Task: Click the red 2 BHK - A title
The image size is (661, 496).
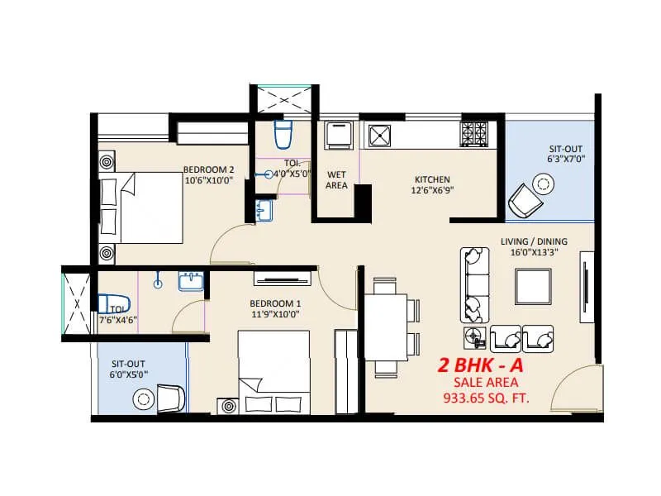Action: [x=483, y=365]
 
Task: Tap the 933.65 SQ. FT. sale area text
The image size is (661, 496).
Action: [x=486, y=398]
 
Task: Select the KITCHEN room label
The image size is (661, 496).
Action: [x=432, y=179]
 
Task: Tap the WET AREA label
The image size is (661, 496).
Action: [x=336, y=180]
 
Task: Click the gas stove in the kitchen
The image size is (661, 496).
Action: [x=474, y=133]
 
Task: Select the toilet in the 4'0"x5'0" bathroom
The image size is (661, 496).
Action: [x=283, y=133]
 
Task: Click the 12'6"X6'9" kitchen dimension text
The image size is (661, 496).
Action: [x=432, y=190]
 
